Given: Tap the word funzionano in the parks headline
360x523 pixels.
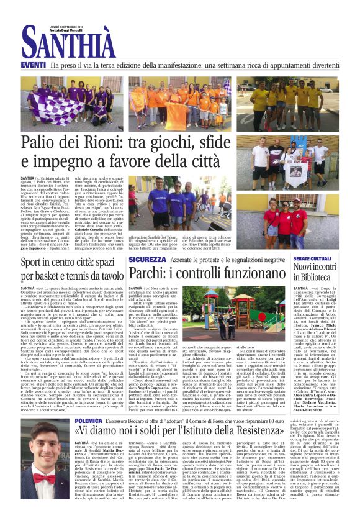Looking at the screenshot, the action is [x=249, y=273].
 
